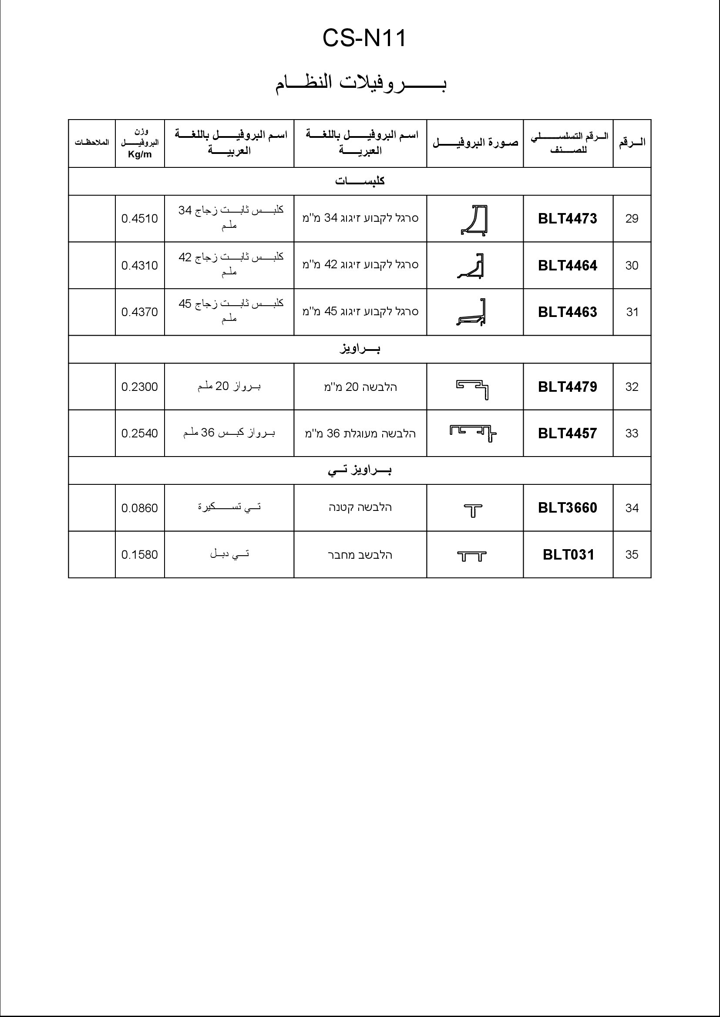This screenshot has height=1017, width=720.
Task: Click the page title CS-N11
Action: [364, 39]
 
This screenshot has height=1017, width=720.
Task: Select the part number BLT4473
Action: [568, 219]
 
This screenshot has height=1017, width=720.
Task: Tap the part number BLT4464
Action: [568, 266]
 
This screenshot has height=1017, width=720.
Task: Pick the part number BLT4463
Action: [568, 312]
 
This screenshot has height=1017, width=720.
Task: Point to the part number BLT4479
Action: [568, 387]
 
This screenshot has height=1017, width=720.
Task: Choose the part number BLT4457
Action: [568, 433]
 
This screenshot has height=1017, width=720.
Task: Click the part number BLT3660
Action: [568, 508]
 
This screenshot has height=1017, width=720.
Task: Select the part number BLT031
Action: [569, 555]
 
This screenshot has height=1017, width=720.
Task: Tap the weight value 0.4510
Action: [140, 219]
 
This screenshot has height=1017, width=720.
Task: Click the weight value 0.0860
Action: [140, 508]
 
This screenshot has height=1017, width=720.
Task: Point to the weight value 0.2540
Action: [140, 433]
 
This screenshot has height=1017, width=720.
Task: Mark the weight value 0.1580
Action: [140, 555]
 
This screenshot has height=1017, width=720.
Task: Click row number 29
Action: [632, 219]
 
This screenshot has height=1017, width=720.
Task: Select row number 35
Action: [632, 555]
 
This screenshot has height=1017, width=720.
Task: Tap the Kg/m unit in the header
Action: [140, 155]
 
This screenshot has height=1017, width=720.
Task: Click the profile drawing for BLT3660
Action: [473, 511]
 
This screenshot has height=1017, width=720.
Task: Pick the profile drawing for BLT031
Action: [472, 557]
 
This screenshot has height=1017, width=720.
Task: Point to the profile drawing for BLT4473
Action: [474, 220]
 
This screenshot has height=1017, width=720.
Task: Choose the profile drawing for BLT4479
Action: [473, 389]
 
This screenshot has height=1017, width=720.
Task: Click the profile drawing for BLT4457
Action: [473, 433]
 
